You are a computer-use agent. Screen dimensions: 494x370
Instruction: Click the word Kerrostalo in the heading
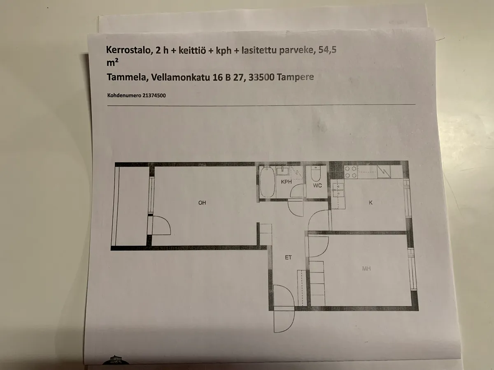coord(128,50)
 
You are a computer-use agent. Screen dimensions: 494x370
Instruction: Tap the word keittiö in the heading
coord(192,50)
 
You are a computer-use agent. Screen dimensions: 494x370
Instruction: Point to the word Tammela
coord(127,77)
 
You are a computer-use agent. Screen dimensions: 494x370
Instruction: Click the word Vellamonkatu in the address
coord(180,77)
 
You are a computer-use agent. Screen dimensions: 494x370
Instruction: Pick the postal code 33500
coord(261,77)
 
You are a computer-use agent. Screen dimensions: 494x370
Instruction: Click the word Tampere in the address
coord(295,77)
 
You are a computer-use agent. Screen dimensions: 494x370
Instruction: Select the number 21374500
coord(154,95)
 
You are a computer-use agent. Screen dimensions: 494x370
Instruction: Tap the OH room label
coord(202,203)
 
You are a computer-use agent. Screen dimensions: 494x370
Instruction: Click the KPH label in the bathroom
coord(286,182)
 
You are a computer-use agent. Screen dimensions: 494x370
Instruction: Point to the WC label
coord(317,185)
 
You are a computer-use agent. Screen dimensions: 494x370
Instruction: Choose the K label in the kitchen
coord(370,203)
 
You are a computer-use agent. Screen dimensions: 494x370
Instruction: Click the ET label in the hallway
coord(288,257)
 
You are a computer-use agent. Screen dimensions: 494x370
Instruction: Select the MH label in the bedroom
coord(366,268)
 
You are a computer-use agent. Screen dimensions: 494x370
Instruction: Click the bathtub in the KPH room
coord(268,182)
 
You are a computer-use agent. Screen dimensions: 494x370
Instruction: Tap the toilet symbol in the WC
coord(316,173)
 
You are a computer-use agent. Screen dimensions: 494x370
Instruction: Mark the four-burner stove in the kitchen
coord(351,172)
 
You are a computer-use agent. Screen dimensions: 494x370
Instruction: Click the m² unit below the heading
coord(112,62)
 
